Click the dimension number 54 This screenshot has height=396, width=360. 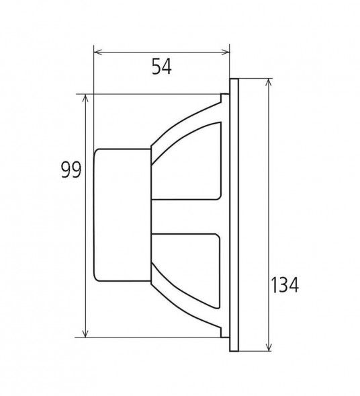pos(162,67)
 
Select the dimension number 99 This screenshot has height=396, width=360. pos(71,169)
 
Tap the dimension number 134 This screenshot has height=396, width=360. pos(285,284)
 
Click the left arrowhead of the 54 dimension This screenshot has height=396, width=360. pos(97,52)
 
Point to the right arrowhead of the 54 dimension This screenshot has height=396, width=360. pos(225,52)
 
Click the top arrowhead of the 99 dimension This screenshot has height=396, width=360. pos(85,98)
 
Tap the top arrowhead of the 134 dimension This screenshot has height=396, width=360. pos(269,83)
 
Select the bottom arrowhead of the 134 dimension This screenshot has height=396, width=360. pos(269,346)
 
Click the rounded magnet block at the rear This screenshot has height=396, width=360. pos(123,215)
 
